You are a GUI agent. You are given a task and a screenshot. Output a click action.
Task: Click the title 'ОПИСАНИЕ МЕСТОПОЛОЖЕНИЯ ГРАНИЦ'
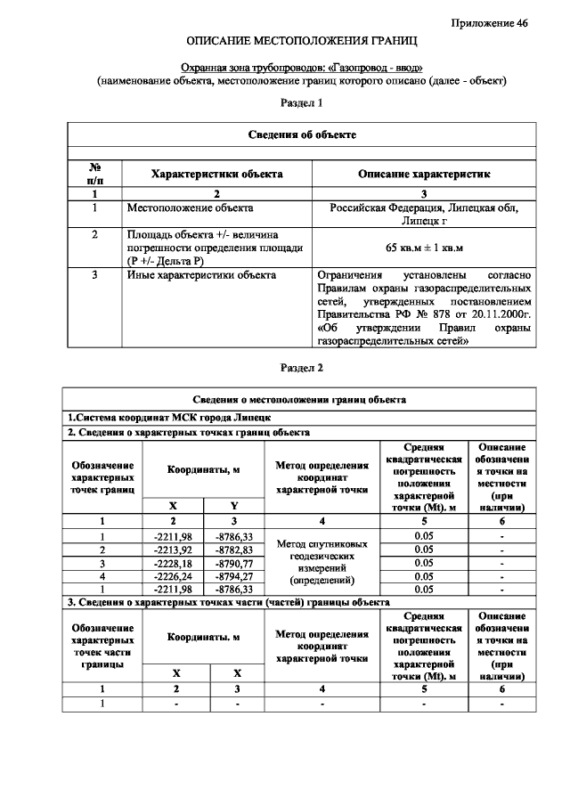pos(301,42)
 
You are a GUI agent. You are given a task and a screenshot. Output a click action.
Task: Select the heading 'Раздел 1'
pos(301,103)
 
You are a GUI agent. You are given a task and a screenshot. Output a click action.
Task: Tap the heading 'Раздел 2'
pos(301,368)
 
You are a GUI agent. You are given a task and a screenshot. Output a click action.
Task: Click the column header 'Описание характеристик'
pos(424,174)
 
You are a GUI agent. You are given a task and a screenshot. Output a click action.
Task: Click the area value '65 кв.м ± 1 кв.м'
pos(424,247)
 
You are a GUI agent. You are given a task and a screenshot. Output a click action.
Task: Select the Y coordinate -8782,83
pos(234,550)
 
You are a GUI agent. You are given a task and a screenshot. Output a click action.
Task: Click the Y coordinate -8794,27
pos(234,576)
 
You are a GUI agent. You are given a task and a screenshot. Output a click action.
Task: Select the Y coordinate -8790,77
pos(234,563)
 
